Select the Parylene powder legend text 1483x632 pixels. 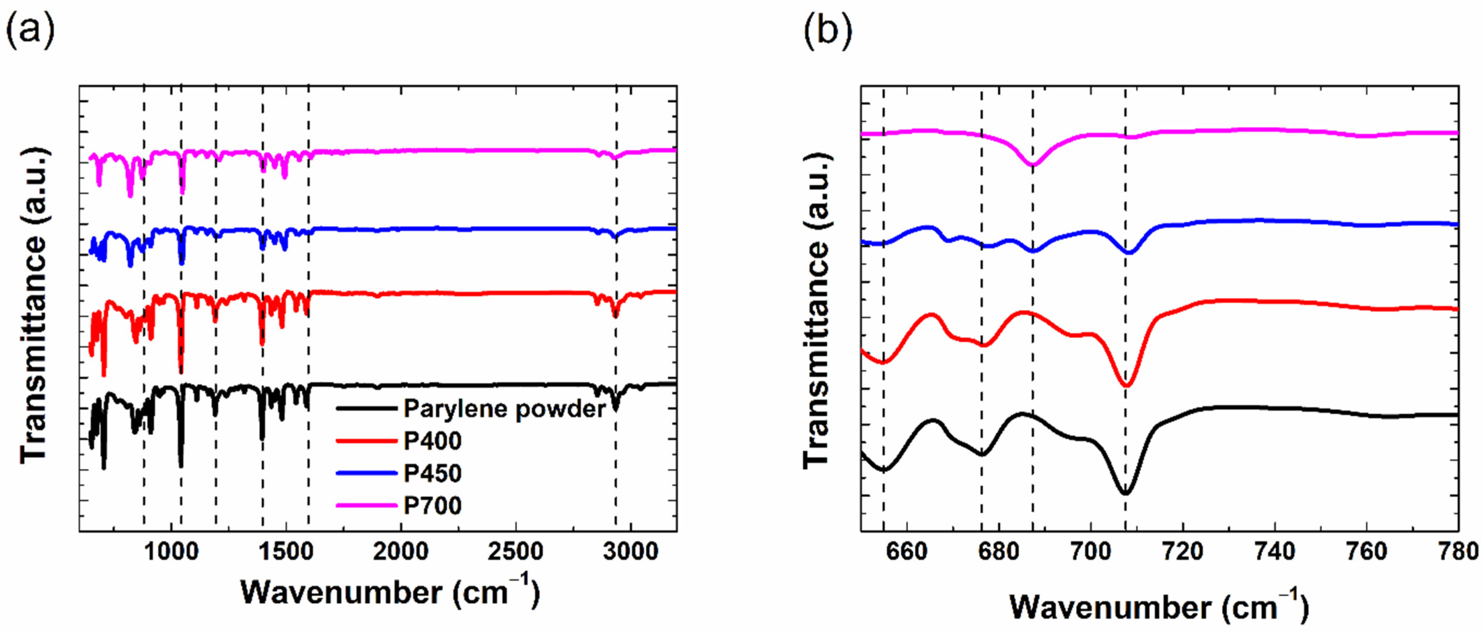pos(504,409)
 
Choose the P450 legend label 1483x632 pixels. pos(432,473)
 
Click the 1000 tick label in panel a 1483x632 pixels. pos(171,551)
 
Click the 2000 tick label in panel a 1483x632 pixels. pos(401,551)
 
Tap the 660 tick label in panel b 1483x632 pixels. pos(907,551)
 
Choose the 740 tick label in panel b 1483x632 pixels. pos(1275,551)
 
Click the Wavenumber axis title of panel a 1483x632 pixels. pos(390,592)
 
